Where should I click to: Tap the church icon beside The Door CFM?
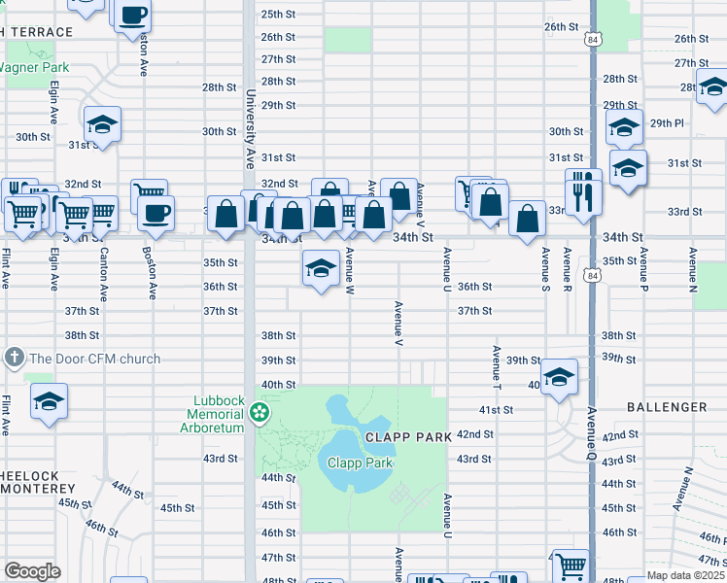(x=14, y=359)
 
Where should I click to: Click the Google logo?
(x=32, y=571)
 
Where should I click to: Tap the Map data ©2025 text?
(x=685, y=575)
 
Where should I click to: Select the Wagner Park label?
(x=34, y=68)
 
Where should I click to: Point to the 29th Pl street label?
(x=668, y=123)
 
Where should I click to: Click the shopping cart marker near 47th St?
(x=571, y=565)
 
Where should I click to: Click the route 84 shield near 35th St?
(x=592, y=276)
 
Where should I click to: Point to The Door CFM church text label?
(x=95, y=360)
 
